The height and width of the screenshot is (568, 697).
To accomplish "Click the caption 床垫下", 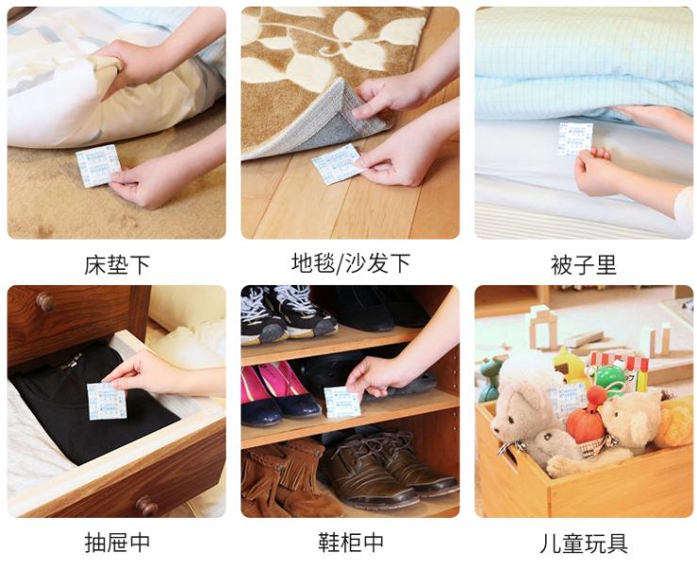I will click(117, 265).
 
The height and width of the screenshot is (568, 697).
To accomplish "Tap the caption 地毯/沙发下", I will click(350, 263).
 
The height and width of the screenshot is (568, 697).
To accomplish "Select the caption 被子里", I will click(583, 265).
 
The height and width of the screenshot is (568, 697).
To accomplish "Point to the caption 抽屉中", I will click(117, 543).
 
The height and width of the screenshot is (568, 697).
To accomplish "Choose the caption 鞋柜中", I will click(350, 543).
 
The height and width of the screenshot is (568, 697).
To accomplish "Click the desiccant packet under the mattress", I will click(98, 165).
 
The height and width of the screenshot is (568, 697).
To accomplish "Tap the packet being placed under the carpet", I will click(337, 163).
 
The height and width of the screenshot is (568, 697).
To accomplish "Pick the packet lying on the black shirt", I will click(107, 400).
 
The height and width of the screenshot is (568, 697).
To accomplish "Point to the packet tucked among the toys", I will click(567, 398).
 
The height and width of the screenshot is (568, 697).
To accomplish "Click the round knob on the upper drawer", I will click(44, 302).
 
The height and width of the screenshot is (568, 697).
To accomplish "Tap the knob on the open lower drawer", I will click(146, 505).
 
